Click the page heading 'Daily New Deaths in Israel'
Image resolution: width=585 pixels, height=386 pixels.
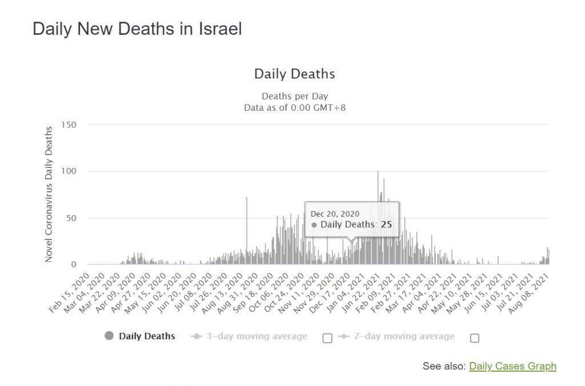pyautogui.click(x=137, y=29)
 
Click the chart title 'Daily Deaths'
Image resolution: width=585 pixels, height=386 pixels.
pyautogui.click(x=294, y=74)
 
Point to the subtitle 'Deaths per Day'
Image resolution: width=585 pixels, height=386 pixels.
pyautogui.click(x=295, y=96)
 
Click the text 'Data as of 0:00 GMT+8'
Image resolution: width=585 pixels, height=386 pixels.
pyautogui.click(x=295, y=107)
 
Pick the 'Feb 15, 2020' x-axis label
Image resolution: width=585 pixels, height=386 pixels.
pyautogui.click(x=70, y=290)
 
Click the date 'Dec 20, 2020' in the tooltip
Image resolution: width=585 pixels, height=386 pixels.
pyautogui.click(x=335, y=214)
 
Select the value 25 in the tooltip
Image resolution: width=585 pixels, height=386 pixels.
pyautogui.click(x=386, y=224)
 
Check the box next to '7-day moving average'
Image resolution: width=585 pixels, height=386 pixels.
pyautogui.click(x=475, y=337)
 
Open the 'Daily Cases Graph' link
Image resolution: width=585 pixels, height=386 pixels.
pyautogui.click(x=512, y=366)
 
